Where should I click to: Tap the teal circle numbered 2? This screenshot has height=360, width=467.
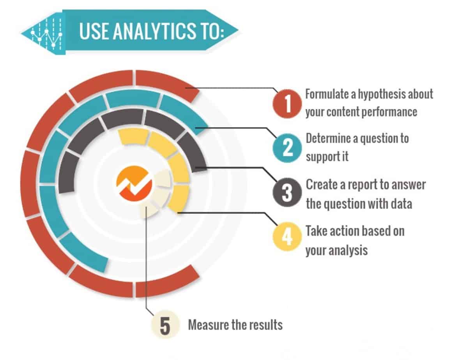pos(287,148)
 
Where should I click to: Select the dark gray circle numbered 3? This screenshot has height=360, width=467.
pos(287,193)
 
